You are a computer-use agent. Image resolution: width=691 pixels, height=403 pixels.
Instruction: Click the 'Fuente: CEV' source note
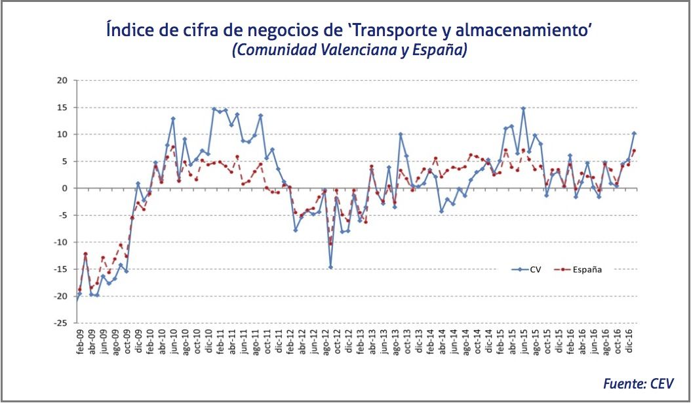pyautogui.click(x=638, y=384)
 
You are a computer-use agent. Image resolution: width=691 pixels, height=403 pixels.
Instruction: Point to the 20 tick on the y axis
pyautogui.click(x=62, y=81)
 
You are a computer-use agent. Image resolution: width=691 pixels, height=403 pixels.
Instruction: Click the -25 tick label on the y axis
pyautogui.click(x=60, y=323)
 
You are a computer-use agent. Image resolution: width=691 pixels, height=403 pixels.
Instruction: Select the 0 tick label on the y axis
pyautogui.click(x=65, y=188)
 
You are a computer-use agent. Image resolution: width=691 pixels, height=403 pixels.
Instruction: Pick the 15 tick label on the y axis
pyautogui.click(x=62, y=108)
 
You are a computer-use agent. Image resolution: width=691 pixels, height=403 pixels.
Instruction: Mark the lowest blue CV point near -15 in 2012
pyautogui.click(x=330, y=267)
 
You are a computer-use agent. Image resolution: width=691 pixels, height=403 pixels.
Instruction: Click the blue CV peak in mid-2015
pyautogui.click(x=523, y=108)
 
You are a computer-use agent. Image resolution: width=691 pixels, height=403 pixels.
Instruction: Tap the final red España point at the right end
pyautogui.click(x=634, y=152)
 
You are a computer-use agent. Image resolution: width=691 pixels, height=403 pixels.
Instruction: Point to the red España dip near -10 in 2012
pyautogui.click(x=330, y=244)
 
